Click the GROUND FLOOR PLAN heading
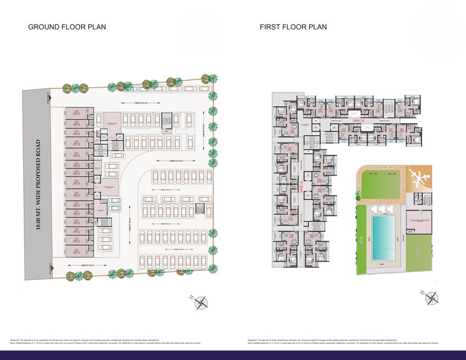66,27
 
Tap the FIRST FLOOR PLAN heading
293,27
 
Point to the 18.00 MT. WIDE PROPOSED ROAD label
38,185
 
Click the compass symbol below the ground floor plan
201,303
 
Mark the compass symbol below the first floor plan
432,298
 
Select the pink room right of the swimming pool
418,221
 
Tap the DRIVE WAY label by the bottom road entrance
88,266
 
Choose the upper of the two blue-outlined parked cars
115,201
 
